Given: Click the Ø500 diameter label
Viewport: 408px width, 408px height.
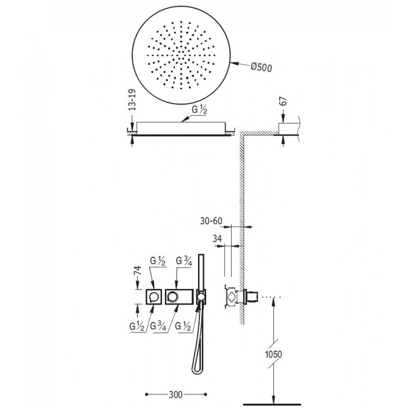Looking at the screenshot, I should point(262,68).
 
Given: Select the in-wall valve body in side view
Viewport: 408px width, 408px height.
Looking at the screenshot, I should point(231,297).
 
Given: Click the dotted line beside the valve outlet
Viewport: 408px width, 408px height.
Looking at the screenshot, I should point(270,297).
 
